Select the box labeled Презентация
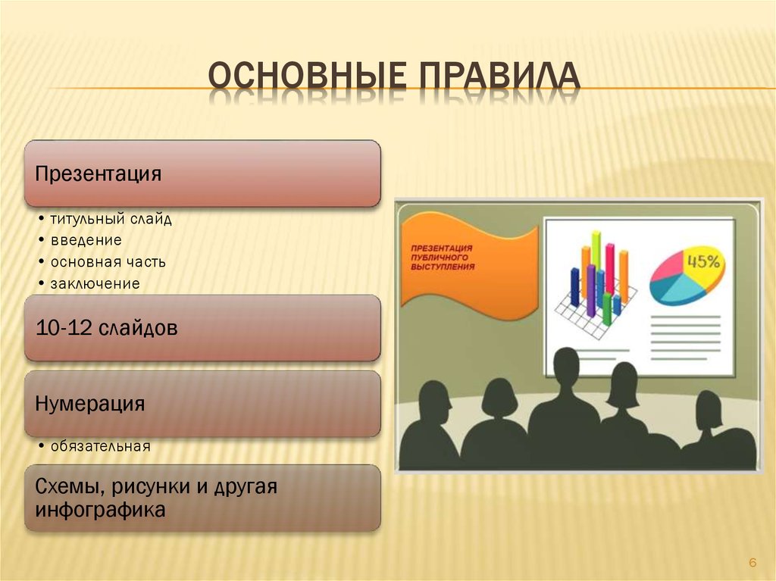pos(202,173)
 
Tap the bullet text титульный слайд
pos(111,220)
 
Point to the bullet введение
pos(86,241)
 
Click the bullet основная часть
pos(108,262)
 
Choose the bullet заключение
pos(95,284)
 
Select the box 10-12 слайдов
pos(202,328)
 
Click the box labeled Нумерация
pos(202,403)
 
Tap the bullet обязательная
pos(100,446)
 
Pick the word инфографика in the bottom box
pos(100,510)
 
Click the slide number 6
pos(753,562)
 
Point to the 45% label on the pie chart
pos(703,261)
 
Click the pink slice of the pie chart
pos(667,267)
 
